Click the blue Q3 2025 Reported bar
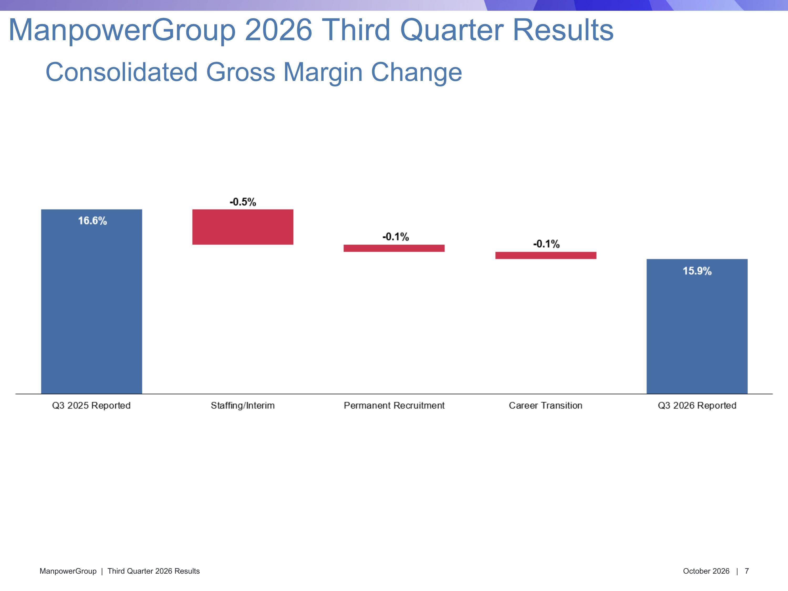tap(92, 301)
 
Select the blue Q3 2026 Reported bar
tap(697, 326)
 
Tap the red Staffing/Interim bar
tap(243, 227)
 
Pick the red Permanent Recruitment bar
tap(394, 248)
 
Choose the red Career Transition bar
tap(546, 255)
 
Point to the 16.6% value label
tap(92, 221)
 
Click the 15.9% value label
tap(697, 271)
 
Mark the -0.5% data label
tap(243, 202)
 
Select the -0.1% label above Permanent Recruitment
tap(395, 237)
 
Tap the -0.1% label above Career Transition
tap(546, 244)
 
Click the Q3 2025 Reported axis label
tap(91, 405)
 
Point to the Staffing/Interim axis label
tap(243, 405)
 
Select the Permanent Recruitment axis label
tap(394, 405)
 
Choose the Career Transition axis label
tap(545, 405)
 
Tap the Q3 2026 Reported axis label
tap(697, 405)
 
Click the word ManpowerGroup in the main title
tap(122, 30)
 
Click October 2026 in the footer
tap(706, 571)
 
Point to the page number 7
tap(747, 571)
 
